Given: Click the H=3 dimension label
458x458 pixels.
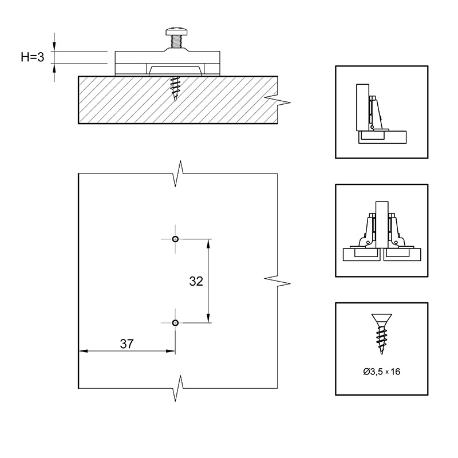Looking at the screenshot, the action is [33, 57].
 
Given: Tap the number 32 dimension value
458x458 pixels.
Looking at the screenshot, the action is [196, 281].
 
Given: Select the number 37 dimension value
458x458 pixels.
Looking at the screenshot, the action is [127, 344].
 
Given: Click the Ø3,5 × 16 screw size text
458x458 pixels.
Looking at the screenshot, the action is [382, 372].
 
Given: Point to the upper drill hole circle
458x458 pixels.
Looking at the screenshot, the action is [175, 239].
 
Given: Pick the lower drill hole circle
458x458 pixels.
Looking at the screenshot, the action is [175, 323].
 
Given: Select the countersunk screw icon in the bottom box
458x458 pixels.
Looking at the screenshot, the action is [381, 334].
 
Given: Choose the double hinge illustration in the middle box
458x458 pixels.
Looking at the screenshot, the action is [382, 231].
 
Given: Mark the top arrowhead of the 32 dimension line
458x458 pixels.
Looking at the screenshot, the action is [208, 243].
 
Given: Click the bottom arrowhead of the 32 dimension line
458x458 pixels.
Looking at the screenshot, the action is [208, 318].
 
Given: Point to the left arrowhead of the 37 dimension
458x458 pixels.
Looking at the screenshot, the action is [83, 351].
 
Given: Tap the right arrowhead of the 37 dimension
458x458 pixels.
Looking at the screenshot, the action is [171, 351].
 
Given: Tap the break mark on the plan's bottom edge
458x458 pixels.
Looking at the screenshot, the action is [179, 388].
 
